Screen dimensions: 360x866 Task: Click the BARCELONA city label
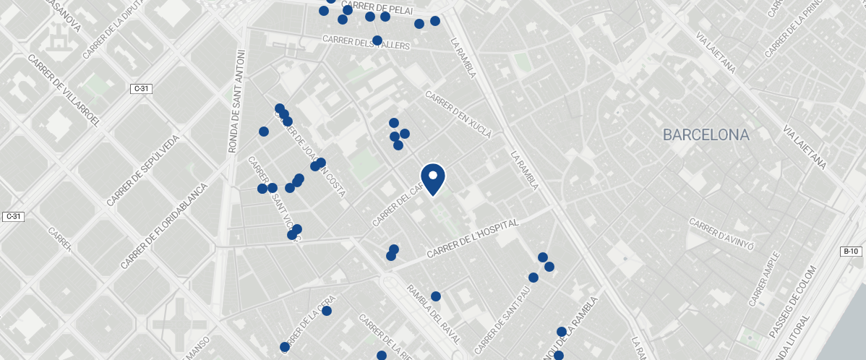[x=706, y=134]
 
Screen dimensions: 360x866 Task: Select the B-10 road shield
[x=851, y=252]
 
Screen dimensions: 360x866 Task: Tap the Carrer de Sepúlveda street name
[x=142, y=170]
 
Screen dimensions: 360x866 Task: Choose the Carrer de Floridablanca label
[x=164, y=226]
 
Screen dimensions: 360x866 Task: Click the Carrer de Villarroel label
[x=63, y=90]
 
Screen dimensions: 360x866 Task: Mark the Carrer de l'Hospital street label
[x=473, y=240]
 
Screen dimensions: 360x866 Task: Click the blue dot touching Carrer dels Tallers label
[x=377, y=40]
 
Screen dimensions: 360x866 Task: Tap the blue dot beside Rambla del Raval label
[x=436, y=296]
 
